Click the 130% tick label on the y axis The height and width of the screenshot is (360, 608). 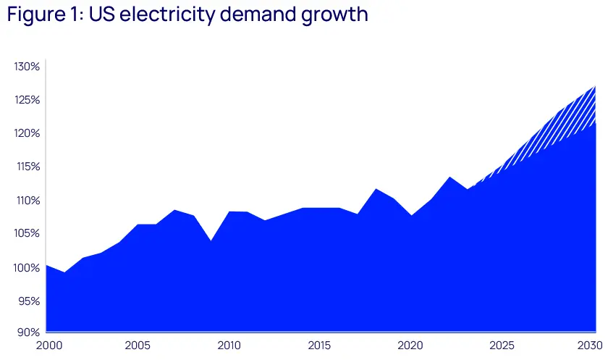point(26,67)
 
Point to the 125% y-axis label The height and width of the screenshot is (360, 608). point(26,100)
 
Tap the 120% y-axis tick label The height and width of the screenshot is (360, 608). point(26,133)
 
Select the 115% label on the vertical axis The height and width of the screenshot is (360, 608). point(26,167)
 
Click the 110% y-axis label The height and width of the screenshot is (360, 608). point(26,201)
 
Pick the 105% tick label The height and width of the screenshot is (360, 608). point(26,234)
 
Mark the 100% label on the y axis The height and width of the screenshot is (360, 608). point(26,268)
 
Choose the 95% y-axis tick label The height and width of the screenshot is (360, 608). point(28,301)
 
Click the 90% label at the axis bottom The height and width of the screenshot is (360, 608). point(28,332)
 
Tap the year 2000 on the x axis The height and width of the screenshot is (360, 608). point(46,346)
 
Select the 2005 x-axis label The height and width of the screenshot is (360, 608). point(138,346)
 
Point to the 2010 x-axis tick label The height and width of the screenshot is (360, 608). point(229,346)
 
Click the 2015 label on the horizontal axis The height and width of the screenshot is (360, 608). point(320,346)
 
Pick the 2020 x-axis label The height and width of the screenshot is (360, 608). point(411,346)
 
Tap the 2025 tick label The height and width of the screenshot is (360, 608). point(502,346)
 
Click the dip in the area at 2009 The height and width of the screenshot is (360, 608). point(211,240)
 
